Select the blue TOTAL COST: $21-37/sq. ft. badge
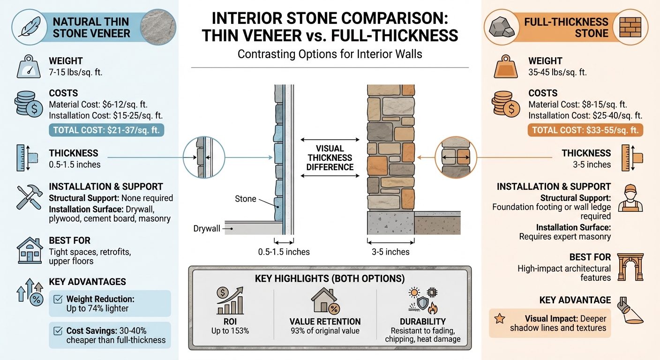point(106,130)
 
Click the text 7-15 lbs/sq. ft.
point(75,73)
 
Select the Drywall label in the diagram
point(207,229)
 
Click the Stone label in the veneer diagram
point(245,199)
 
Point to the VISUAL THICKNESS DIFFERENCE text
point(330,158)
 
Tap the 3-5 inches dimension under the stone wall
point(391,252)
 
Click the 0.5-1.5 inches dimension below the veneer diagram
point(284,252)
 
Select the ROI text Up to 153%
point(230,331)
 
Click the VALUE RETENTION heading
point(325,322)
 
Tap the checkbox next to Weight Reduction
point(58,299)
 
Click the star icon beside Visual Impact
point(500,319)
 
